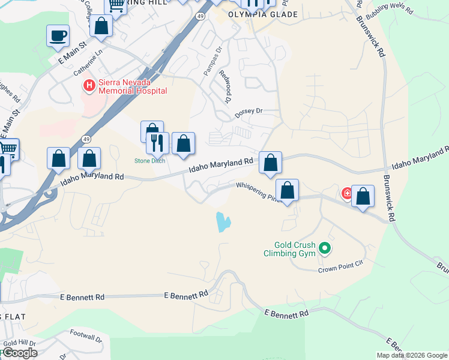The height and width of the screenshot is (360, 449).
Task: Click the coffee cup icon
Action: pyautogui.click(x=58, y=35)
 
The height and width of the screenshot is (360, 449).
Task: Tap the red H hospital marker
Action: pyautogui.click(x=89, y=86)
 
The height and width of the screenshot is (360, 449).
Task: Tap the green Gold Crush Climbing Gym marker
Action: pyautogui.click(x=325, y=247)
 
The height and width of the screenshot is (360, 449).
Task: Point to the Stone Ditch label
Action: pyautogui.click(x=149, y=161)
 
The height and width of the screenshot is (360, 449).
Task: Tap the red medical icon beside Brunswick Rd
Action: pyautogui.click(x=347, y=193)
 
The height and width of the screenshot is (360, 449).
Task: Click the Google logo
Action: pyautogui.click(x=19, y=352)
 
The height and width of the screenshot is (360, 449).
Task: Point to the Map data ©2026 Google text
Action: pyautogui.click(x=412, y=355)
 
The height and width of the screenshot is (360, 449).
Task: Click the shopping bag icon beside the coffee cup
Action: pyautogui.click(x=101, y=26)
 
